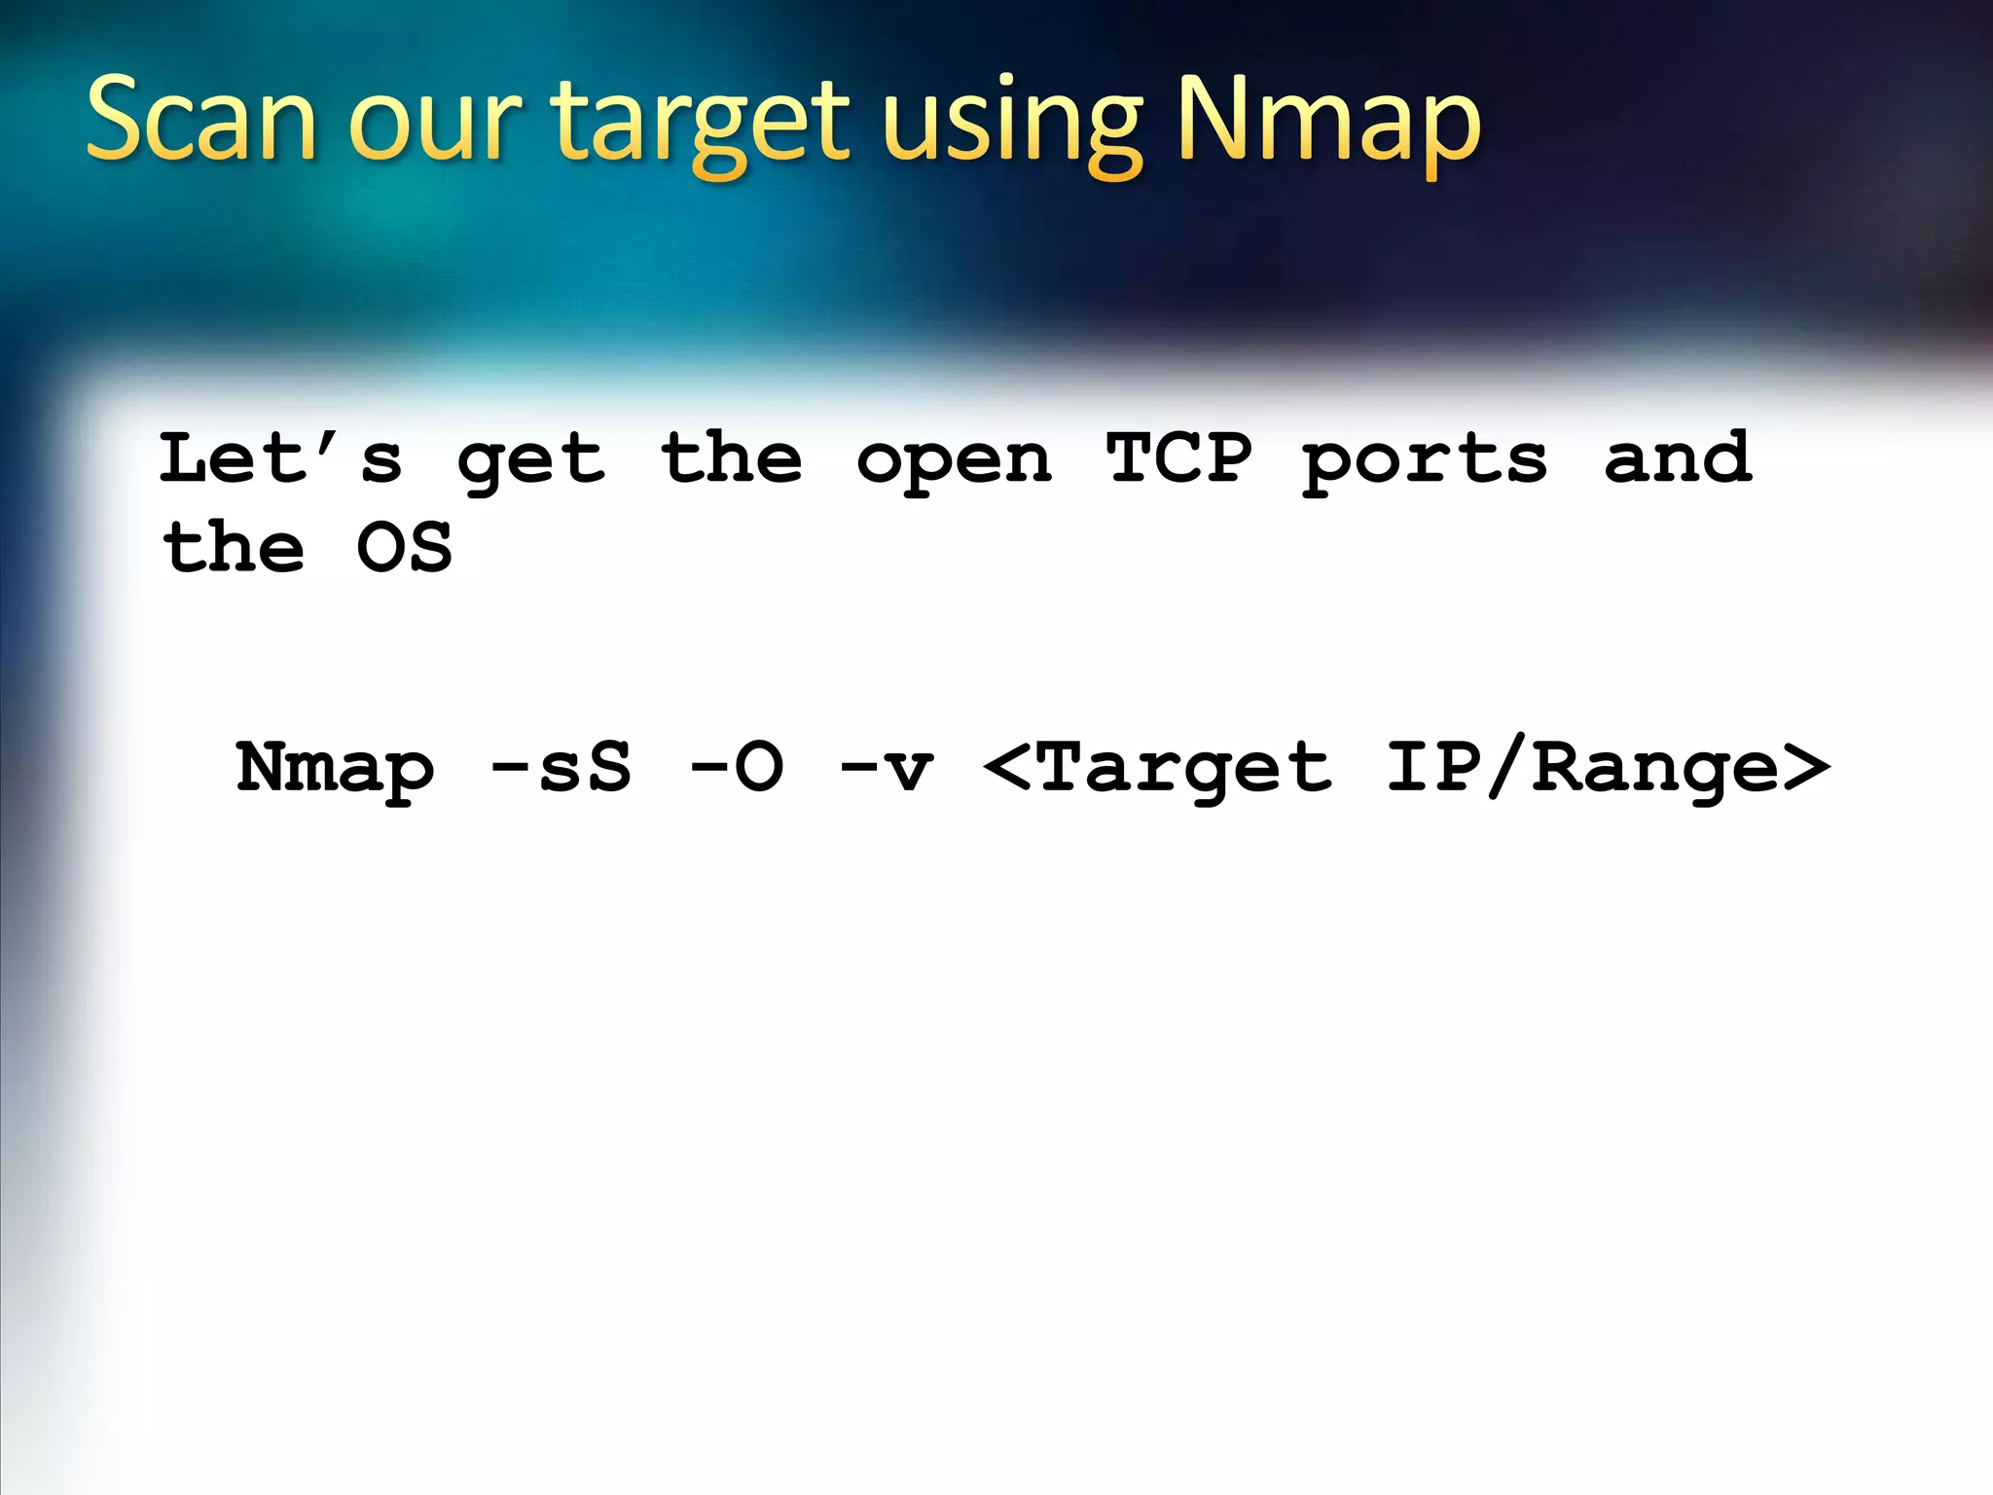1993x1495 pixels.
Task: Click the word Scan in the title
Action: coord(201,121)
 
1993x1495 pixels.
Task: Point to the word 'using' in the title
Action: coord(1011,127)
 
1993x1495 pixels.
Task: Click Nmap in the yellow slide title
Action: coord(1328,121)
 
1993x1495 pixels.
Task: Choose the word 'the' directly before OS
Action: coord(234,547)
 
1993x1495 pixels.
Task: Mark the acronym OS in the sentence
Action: coord(405,547)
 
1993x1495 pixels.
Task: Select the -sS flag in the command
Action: coord(562,767)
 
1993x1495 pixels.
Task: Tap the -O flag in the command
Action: coord(737,767)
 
